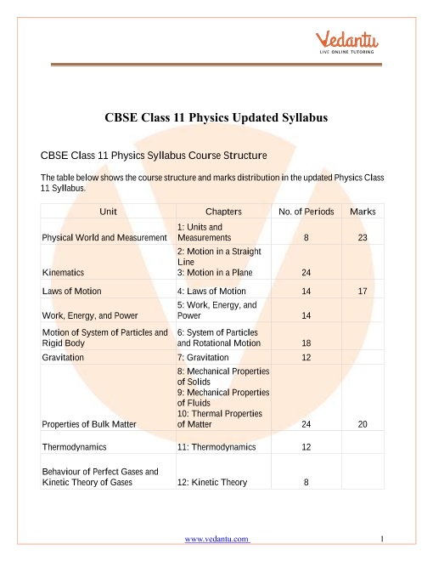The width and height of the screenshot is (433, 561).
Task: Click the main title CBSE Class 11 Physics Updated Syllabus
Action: (216, 117)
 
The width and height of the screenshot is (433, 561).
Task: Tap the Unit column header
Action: (108, 211)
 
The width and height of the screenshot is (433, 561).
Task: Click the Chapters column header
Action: (223, 211)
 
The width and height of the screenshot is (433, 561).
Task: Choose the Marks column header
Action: (363, 211)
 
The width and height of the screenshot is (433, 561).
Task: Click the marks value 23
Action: (363, 238)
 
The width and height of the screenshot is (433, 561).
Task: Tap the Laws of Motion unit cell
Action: (71, 291)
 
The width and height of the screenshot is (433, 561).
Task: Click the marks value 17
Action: (363, 291)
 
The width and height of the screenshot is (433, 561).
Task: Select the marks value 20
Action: (363, 423)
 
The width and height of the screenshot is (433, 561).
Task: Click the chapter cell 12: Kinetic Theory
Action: (212, 482)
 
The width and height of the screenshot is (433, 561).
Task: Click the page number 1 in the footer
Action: (384, 538)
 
